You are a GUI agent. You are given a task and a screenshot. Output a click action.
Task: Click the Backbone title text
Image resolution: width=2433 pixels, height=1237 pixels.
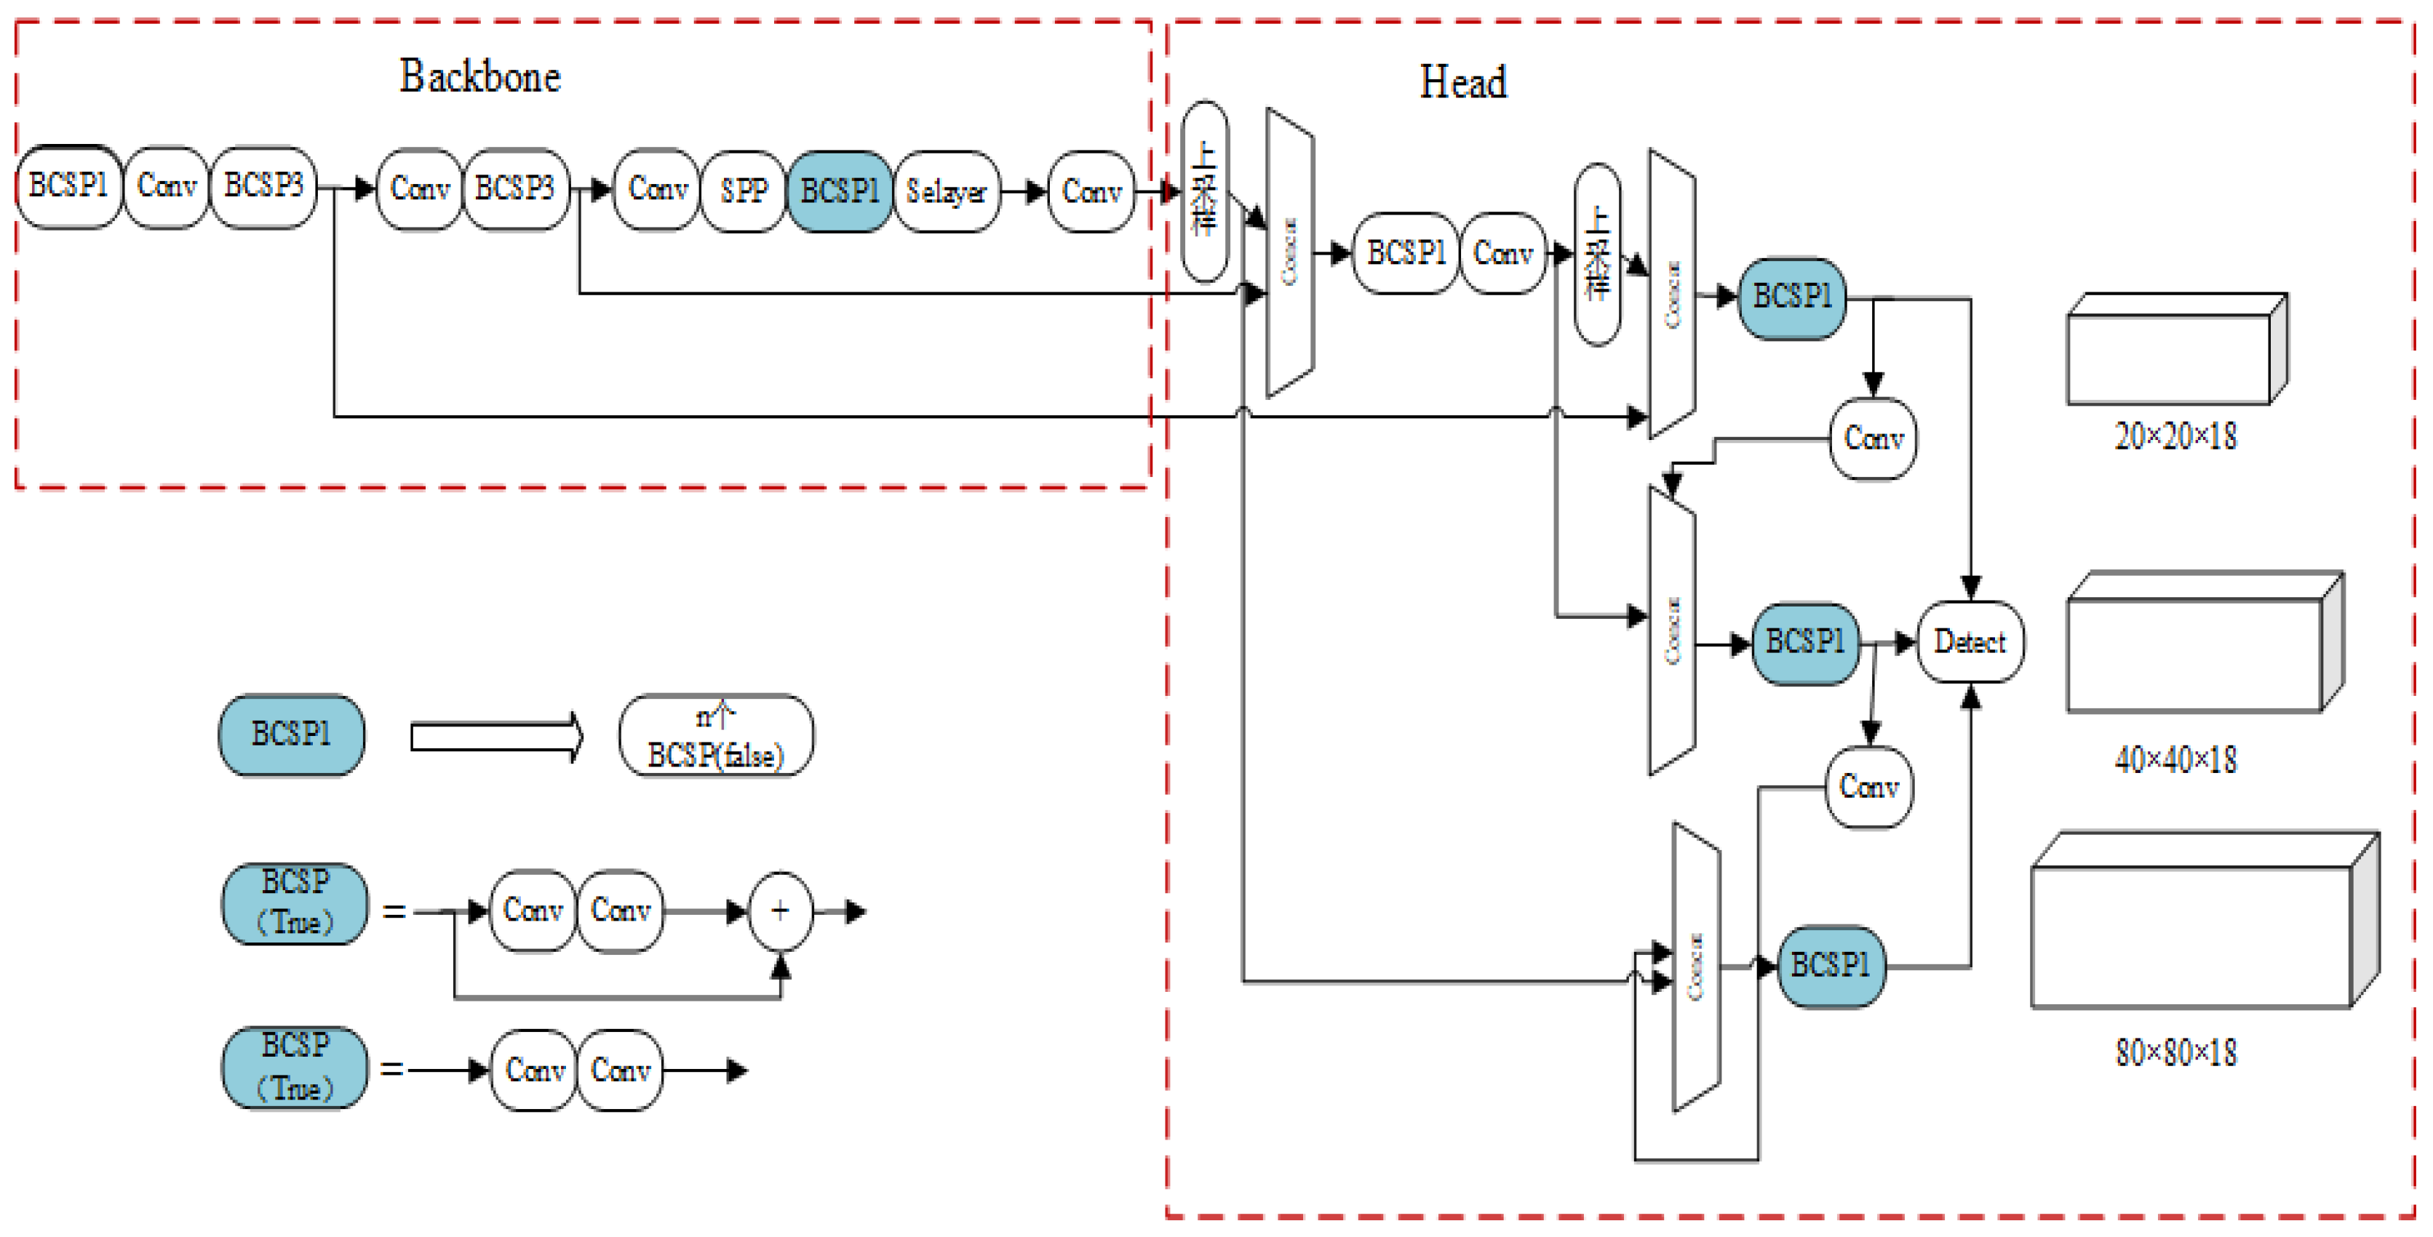pyautogui.click(x=479, y=76)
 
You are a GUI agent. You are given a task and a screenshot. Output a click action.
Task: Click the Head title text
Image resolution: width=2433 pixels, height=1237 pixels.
pyautogui.click(x=1463, y=82)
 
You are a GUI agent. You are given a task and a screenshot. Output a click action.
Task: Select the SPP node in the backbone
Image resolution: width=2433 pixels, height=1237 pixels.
pyautogui.click(x=744, y=191)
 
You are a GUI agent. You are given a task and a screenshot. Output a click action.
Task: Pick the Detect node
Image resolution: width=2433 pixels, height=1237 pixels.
pyautogui.click(x=1970, y=642)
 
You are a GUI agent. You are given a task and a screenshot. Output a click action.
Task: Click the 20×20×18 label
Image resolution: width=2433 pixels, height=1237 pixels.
pyautogui.click(x=2175, y=436)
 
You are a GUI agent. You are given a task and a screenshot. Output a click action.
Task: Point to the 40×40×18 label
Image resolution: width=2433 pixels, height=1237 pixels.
pyautogui.click(x=2175, y=759)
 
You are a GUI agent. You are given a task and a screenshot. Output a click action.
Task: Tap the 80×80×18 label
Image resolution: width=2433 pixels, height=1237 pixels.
pyautogui.click(x=2175, y=1053)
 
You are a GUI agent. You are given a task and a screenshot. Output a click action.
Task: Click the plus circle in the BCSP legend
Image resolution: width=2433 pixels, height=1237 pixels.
pyautogui.click(x=780, y=911)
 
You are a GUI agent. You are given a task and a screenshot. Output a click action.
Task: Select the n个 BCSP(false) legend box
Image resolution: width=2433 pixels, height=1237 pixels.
pyautogui.click(x=716, y=737)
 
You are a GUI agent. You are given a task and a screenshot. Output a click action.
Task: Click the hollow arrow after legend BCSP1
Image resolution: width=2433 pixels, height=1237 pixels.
pyautogui.click(x=497, y=737)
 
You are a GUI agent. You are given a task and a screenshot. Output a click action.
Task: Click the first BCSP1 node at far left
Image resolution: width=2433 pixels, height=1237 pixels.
pyautogui.click(x=68, y=185)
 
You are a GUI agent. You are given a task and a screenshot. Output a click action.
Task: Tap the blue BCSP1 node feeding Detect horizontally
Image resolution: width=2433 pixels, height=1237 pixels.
pyautogui.click(x=1805, y=643)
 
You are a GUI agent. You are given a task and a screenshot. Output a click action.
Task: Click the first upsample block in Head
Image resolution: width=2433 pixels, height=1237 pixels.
pyautogui.click(x=1204, y=192)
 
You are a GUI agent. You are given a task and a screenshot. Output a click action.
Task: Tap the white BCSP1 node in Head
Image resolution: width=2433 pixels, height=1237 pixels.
pyautogui.click(x=1406, y=253)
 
